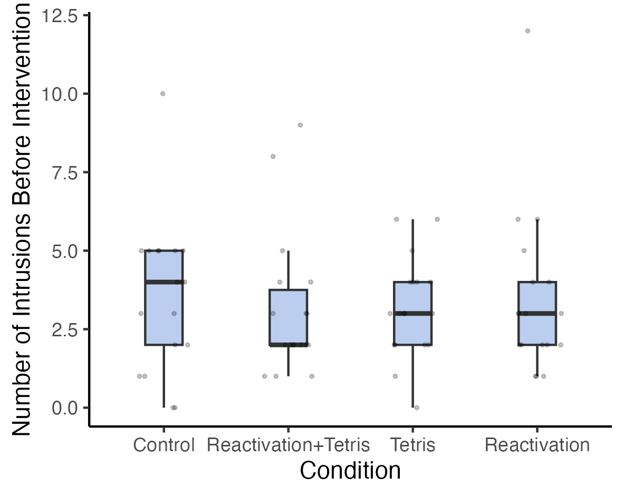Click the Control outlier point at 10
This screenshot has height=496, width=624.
point(162,94)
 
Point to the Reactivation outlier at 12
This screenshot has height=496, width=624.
point(527,31)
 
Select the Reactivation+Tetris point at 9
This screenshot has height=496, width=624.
point(300,125)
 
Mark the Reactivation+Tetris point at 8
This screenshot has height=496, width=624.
point(273,157)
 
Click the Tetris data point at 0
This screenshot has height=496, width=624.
point(417,407)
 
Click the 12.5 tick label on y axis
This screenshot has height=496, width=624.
point(59,16)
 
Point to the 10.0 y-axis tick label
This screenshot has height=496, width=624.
point(59,94)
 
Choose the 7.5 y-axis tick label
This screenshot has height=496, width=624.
point(64,173)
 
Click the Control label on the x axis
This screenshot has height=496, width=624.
point(164,445)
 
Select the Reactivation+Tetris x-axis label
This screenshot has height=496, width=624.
point(289,445)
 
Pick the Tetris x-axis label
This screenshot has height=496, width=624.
point(413,445)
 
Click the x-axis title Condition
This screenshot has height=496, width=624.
point(350,470)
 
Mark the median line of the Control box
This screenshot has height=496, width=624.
point(164,282)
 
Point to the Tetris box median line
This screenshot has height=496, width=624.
point(413,313)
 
